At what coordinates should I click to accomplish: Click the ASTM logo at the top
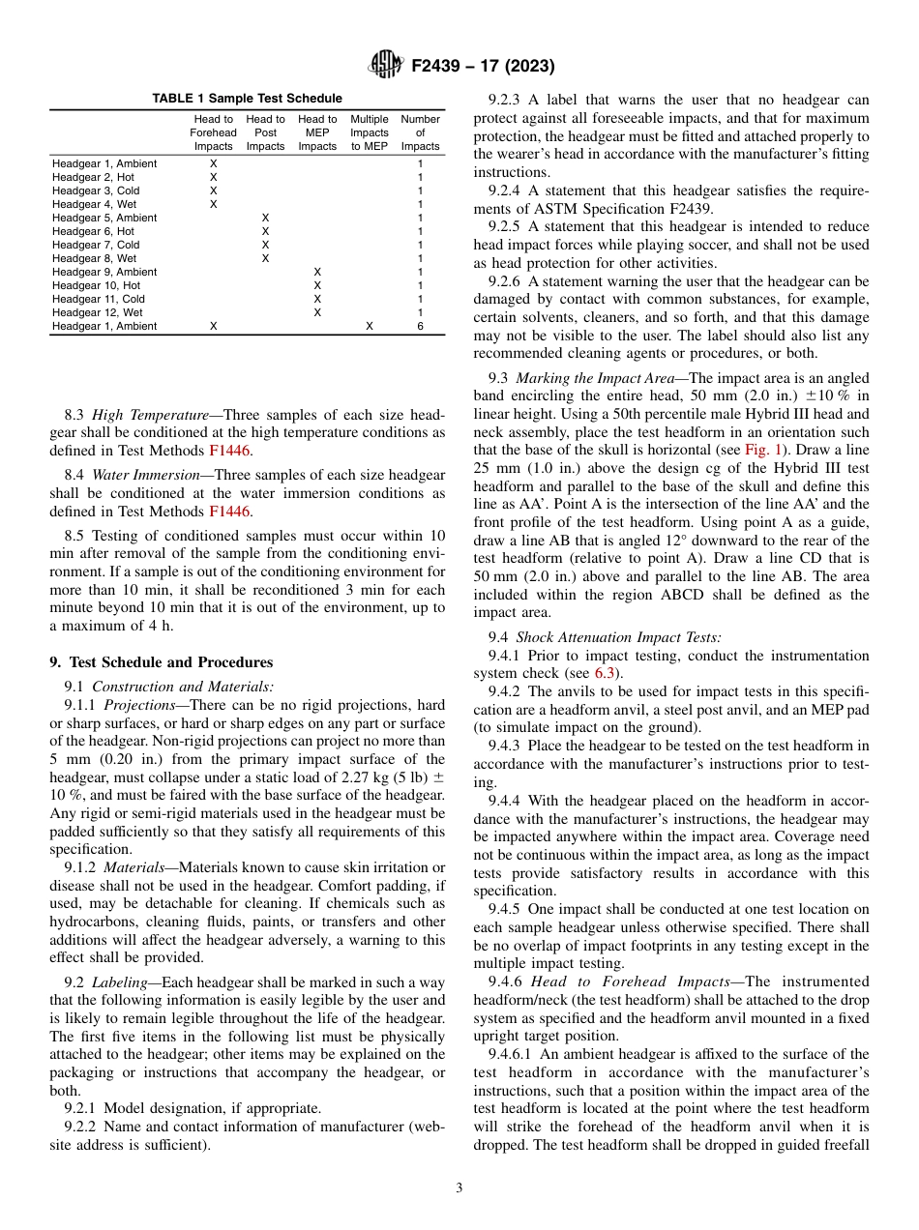(x=386, y=66)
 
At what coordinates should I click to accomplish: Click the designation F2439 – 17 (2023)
(x=483, y=67)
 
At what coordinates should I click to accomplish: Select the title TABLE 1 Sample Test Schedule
(x=247, y=98)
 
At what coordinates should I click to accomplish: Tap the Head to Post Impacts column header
(x=265, y=132)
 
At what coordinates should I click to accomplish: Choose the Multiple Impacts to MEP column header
(x=369, y=132)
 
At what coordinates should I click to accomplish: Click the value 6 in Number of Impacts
(x=420, y=327)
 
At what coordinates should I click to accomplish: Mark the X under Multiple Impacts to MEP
(x=369, y=327)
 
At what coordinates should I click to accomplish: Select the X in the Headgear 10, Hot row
(x=317, y=286)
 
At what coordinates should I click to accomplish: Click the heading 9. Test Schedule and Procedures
(x=161, y=662)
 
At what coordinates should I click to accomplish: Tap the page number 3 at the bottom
(x=459, y=1188)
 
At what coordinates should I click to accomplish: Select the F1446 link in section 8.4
(x=231, y=512)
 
